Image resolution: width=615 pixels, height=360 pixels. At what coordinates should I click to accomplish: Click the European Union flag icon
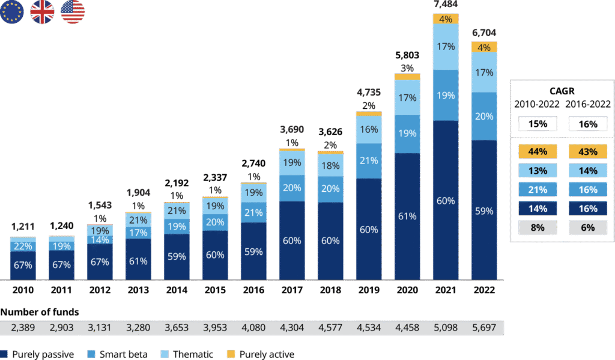click(12, 12)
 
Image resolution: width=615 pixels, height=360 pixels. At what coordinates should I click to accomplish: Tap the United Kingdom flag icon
click(42, 12)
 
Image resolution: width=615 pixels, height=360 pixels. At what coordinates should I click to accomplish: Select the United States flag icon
click(73, 12)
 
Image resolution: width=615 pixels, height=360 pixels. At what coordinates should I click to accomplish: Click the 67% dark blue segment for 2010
click(23, 266)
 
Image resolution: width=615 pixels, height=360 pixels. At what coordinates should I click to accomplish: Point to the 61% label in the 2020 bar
click(407, 216)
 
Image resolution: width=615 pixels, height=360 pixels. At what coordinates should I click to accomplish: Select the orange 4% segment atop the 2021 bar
click(446, 19)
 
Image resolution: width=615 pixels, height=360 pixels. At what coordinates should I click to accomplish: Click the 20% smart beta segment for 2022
click(484, 116)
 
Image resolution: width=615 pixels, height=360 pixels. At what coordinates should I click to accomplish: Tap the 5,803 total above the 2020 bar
click(407, 55)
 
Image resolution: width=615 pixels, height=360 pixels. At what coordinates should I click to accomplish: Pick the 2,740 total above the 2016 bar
click(253, 163)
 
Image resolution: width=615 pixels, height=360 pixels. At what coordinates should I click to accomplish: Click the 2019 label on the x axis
click(369, 290)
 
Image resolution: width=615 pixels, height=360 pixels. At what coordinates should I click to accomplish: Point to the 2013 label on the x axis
click(138, 290)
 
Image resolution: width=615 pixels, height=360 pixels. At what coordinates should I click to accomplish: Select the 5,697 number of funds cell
click(484, 328)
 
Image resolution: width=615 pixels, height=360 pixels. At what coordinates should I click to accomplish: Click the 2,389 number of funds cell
click(23, 328)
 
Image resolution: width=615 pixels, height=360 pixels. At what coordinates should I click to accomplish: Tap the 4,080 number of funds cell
click(253, 328)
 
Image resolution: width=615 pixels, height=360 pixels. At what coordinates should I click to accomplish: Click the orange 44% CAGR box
click(538, 152)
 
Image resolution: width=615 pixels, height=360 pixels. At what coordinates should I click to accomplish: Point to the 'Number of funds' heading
click(40, 312)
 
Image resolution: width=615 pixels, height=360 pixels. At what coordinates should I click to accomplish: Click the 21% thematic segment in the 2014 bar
click(177, 210)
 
